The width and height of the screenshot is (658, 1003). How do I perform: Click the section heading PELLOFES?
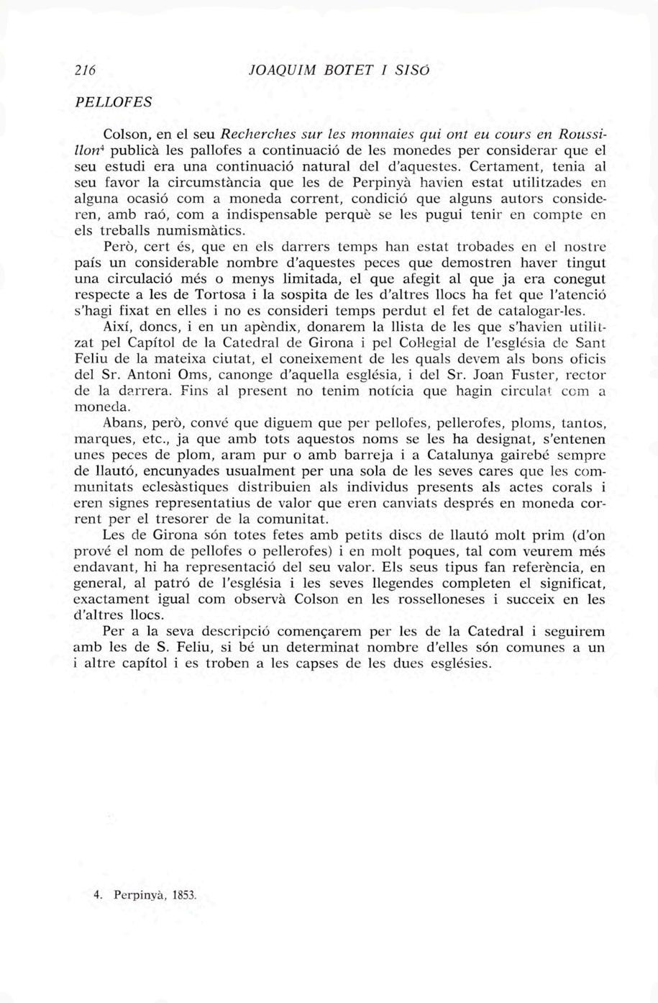(114, 101)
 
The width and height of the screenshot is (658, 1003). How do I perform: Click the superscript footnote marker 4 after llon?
(102, 147)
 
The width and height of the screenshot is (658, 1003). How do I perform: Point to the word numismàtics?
(203, 231)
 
